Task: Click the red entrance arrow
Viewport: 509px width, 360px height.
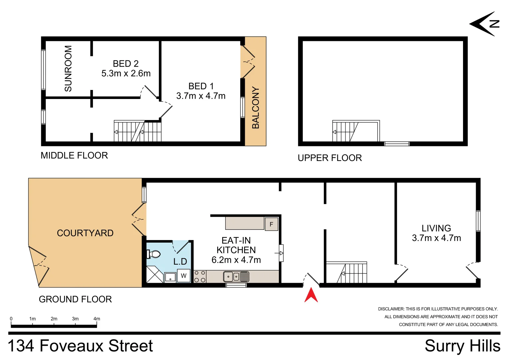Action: pyautogui.click(x=311, y=295)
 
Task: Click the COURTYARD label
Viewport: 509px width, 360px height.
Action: pyautogui.click(x=85, y=233)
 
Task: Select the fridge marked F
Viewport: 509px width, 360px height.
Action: pyautogui.click(x=271, y=224)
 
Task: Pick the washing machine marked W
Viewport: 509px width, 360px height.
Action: pyautogui.click(x=184, y=276)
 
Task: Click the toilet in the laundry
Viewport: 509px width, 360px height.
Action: pyautogui.click(x=154, y=254)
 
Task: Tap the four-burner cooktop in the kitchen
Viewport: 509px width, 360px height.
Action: pyautogui.click(x=200, y=276)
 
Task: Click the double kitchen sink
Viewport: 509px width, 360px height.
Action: pyautogui.click(x=232, y=276)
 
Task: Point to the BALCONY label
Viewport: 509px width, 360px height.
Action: pyautogui.click(x=255, y=108)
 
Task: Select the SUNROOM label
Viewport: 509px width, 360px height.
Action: pyautogui.click(x=68, y=68)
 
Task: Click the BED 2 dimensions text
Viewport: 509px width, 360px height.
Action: pyautogui.click(x=126, y=73)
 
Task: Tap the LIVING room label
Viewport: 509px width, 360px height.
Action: pyautogui.click(x=436, y=228)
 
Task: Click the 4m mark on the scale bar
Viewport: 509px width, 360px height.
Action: pyautogui.click(x=97, y=319)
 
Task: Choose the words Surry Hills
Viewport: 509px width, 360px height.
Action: pyautogui.click(x=462, y=346)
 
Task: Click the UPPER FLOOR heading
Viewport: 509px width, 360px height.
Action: pyautogui.click(x=329, y=158)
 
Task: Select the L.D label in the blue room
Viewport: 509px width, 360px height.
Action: pyautogui.click(x=180, y=262)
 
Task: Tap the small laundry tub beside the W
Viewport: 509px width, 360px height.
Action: pyautogui.click(x=170, y=277)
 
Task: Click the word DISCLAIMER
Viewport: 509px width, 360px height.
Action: pyautogui.click(x=391, y=309)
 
